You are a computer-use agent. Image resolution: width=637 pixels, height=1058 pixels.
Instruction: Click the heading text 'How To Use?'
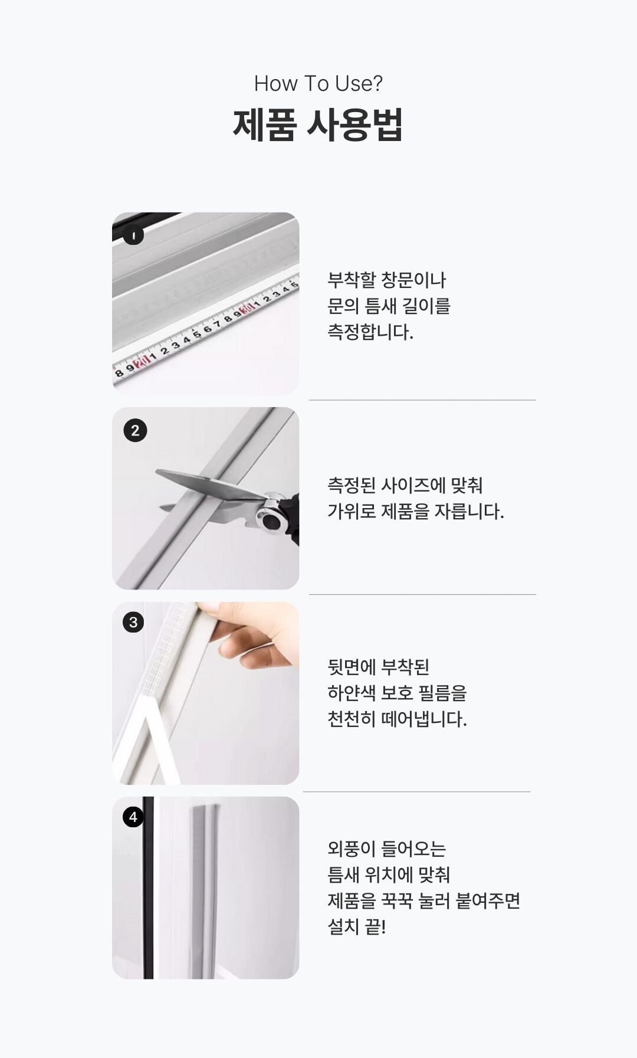coord(318,84)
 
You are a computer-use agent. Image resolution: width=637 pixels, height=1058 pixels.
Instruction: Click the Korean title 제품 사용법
coord(318,125)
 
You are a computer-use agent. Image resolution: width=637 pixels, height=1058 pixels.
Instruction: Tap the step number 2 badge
coord(135,431)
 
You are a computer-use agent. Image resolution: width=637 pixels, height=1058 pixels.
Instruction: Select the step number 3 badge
coord(133,622)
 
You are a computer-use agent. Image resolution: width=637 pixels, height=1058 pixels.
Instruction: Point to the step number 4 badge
coord(133,817)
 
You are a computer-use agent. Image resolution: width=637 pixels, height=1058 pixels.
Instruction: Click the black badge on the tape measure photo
coord(134,235)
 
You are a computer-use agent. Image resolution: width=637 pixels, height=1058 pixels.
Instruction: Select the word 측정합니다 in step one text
coord(370,332)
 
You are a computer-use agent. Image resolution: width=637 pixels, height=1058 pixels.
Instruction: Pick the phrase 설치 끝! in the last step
coord(357,926)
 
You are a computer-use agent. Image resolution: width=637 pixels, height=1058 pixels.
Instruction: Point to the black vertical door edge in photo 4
coord(148,888)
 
